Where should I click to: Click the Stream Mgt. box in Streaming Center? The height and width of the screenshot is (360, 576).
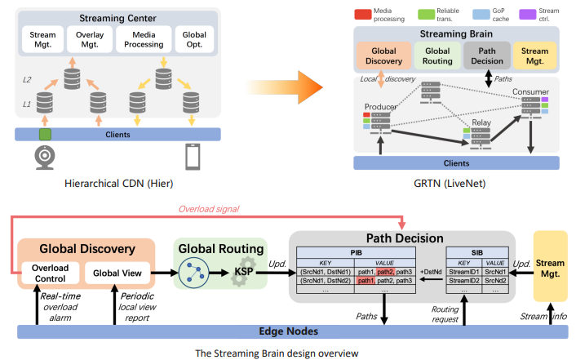click(43, 38)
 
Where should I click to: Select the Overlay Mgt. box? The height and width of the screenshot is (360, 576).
click(91, 38)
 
